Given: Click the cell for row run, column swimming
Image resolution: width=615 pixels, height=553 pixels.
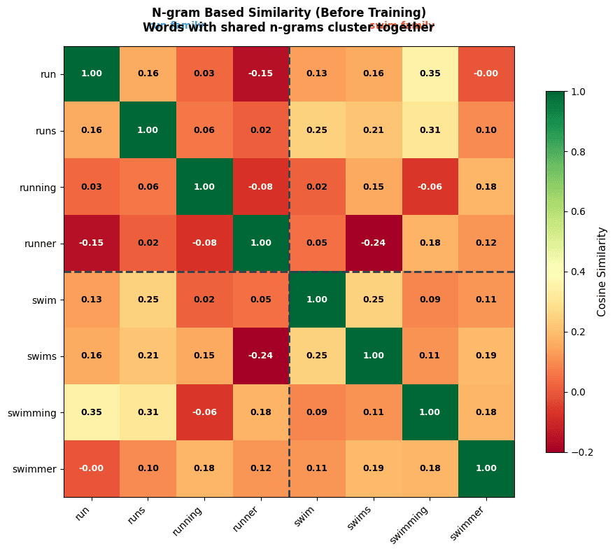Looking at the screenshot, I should point(430,73).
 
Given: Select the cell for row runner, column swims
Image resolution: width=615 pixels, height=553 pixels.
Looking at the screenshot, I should point(374,243).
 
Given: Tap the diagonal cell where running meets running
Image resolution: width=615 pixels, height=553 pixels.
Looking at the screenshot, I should point(204,187).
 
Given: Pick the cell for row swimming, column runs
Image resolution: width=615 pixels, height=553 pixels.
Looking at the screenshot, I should point(148,412).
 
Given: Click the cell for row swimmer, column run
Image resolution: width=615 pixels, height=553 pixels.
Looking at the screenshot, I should point(92,468).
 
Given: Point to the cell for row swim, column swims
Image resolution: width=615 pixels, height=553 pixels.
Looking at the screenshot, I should point(374,300).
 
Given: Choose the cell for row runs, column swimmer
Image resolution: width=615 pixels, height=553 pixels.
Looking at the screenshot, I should point(486,130).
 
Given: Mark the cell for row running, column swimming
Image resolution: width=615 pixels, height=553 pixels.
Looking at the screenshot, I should point(430,187).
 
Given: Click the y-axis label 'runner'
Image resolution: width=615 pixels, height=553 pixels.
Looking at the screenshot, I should point(40,243).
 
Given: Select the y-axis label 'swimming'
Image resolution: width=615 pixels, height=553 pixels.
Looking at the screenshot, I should point(32,412).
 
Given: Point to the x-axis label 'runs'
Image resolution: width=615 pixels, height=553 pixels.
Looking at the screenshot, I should point(139,515).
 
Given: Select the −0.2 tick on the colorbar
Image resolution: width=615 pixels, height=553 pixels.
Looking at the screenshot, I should point(581,451).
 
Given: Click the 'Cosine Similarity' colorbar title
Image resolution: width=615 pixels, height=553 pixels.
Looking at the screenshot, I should point(602,272).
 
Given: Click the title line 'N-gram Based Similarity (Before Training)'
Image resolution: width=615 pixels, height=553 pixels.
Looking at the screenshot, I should point(288,13).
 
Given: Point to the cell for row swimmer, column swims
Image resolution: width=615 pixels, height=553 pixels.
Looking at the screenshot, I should point(374,468).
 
